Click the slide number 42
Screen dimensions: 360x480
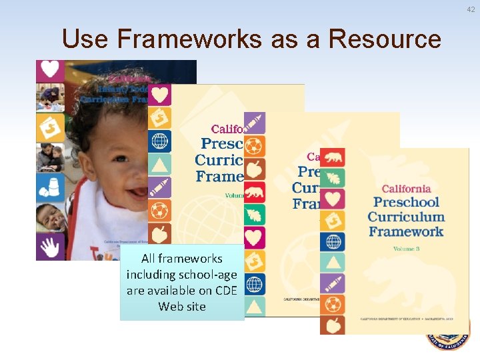click(471, 8)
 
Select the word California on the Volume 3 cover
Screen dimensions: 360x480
click(406, 189)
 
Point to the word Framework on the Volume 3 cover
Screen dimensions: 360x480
click(405, 231)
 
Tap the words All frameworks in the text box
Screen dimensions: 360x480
click(182, 259)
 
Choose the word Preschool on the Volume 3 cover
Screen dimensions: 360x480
click(406, 203)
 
